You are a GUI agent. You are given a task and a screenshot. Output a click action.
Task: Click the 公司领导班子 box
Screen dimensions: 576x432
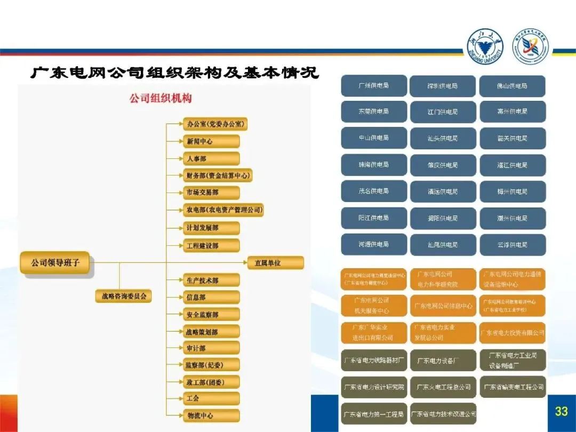[x=55, y=262]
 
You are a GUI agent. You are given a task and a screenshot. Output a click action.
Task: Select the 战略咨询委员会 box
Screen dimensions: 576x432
[x=124, y=295]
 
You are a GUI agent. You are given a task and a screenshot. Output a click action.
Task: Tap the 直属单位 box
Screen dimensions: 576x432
[x=275, y=262]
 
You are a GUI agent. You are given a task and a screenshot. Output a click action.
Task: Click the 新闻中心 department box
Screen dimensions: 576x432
[x=211, y=141]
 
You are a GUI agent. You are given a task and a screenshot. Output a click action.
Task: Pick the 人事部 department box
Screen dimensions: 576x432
[x=211, y=158]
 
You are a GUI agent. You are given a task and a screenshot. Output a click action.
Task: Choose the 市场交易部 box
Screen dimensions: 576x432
[x=211, y=193]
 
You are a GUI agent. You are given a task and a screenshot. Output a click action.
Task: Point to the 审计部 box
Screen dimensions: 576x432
[x=211, y=348]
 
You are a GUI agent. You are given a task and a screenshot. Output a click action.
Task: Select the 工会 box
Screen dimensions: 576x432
[x=211, y=398]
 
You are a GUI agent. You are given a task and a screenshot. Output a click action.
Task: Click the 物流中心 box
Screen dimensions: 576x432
[x=211, y=415]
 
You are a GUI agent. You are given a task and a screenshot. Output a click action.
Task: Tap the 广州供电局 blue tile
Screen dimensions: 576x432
[x=373, y=85]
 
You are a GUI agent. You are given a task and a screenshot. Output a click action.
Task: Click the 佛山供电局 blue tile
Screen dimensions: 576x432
[x=512, y=86]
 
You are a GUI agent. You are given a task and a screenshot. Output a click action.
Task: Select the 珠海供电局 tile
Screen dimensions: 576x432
[x=373, y=165]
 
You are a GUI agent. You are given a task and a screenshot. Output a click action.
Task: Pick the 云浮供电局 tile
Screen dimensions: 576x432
[x=512, y=245]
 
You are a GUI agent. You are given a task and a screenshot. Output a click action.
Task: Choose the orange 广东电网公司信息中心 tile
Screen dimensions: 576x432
[x=443, y=306]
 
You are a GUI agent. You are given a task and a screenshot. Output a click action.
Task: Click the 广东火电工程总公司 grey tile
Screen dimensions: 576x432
[x=443, y=387]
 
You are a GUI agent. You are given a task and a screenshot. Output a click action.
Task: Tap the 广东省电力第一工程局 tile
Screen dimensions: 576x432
[x=373, y=414]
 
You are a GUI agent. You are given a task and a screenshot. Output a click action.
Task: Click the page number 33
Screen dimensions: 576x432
[x=561, y=411]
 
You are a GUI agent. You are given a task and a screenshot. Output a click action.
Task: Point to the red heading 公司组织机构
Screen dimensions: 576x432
[x=161, y=99]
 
